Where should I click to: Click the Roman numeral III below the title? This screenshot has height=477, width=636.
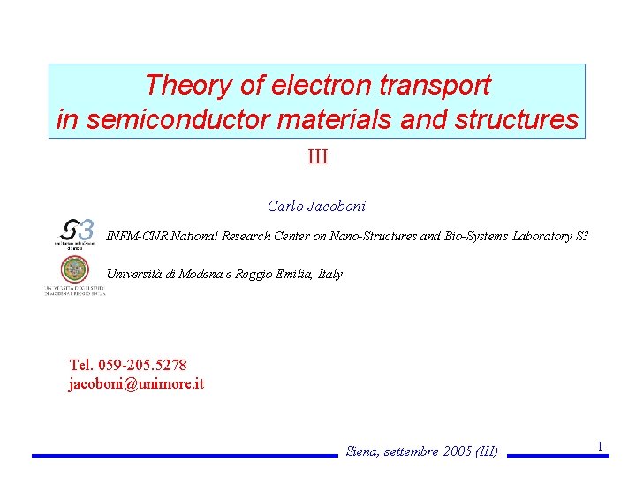click(x=317, y=158)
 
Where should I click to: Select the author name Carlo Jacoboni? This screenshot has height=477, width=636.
click(x=316, y=207)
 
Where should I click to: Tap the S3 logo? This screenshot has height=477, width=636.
click(x=76, y=232)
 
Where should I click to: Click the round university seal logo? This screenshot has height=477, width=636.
click(x=74, y=270)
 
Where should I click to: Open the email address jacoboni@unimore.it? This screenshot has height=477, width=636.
click(x=136, y=383)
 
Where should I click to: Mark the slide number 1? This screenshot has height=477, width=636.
click(x=600, y=446)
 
